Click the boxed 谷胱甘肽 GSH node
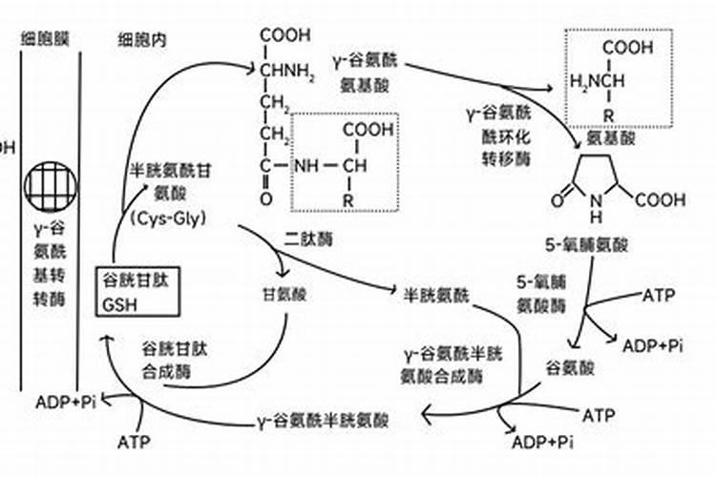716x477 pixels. point(138,293)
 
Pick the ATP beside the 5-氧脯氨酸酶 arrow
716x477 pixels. point(660,295)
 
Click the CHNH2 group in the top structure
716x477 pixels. point(284,69)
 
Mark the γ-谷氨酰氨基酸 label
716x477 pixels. point(369,71)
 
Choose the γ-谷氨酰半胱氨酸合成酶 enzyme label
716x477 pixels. point(452,363)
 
